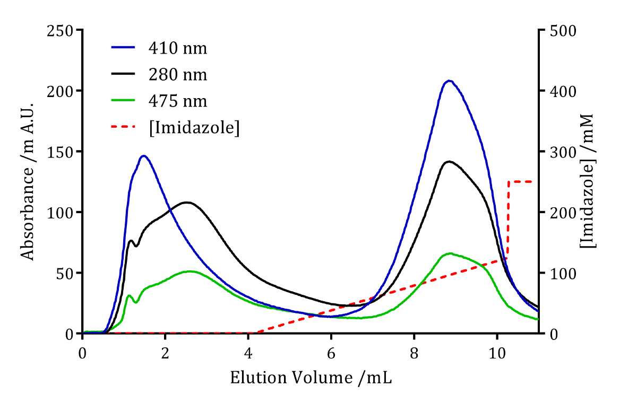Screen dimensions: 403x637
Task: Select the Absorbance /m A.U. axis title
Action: pos(28,181)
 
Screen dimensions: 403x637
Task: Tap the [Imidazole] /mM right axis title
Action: pos(587,181)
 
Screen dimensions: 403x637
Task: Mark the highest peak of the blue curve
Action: pos(450,81)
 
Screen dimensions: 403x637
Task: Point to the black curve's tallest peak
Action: pos(449,161)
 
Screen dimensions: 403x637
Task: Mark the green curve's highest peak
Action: pos(450,253)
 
